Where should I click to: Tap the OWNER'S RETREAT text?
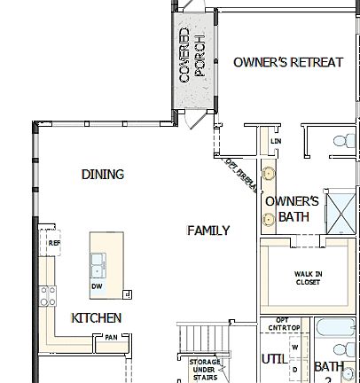click(x=288, y=62)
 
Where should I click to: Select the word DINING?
click(x=103, y=175)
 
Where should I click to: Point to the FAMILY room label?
click(x=208, y=231)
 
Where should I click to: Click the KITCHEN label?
click(x=97, y=317)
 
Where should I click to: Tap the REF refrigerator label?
click(x=54, y=242)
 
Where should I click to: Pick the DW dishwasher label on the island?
click(x=97, y=286)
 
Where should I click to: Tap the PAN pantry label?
click(x=112, y=337)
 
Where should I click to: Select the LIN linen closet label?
click(x=276, y=141)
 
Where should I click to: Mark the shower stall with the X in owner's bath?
click(x=340, y=211)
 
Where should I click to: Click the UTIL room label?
click(x=274, y=358)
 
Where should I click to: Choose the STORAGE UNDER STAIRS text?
click(x=205, y=369)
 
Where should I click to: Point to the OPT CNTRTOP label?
click(x=283, y=324)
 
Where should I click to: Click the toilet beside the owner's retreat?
click(x=341, y=140)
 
